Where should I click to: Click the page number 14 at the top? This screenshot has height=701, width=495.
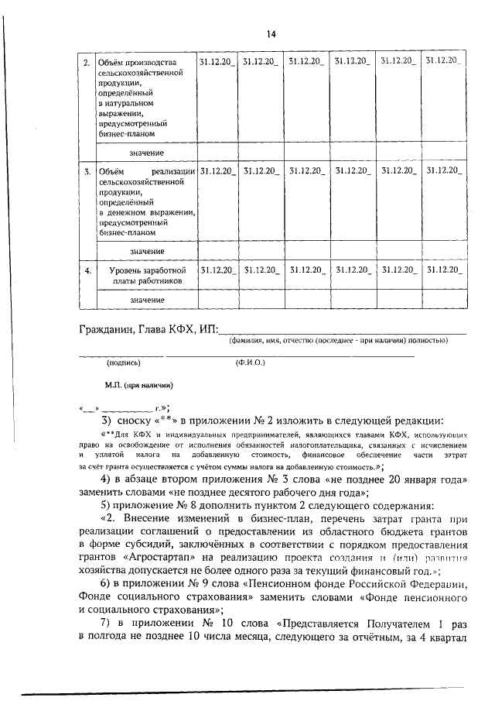tap(271, 33)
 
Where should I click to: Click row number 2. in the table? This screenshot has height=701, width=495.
tap(87, 61)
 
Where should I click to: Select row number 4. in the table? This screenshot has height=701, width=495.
tap(87, 270)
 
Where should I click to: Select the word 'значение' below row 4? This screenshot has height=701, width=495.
tap(147, 299)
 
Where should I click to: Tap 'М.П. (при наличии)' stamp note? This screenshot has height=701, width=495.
tap(138, 385)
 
